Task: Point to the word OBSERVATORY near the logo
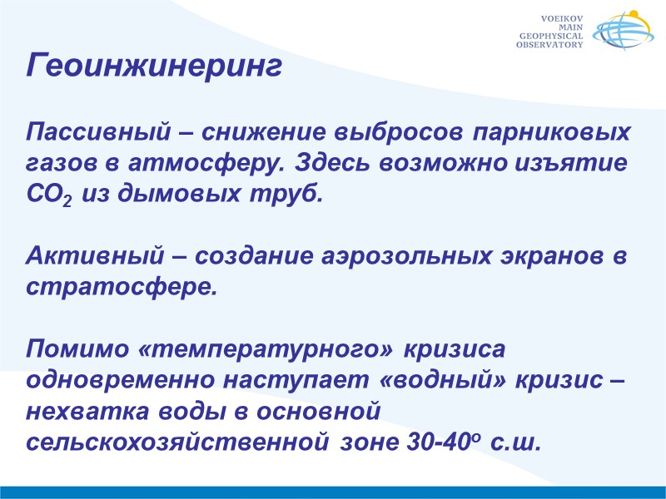coord(549,45)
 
